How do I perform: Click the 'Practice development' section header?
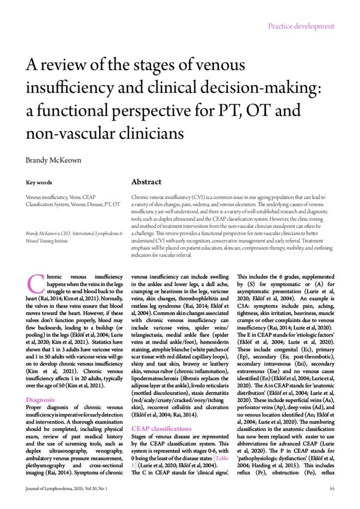point(301,26)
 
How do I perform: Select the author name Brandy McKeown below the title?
point(54,161)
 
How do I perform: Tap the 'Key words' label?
point(39,182)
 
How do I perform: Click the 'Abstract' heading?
point(146,182)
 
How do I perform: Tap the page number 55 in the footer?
point(332,489)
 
